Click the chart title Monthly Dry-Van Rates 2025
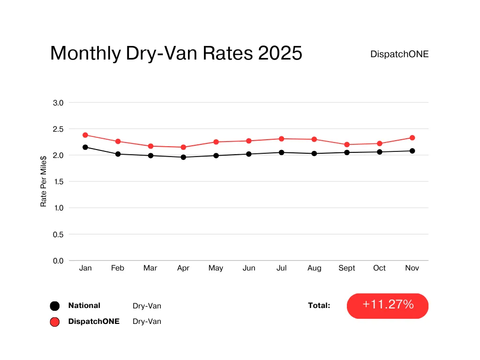coord(176,53)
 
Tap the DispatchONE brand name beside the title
coord(399,54)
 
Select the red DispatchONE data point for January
coord(85,135)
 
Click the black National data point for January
coord(85,147)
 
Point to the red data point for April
coord(183,147)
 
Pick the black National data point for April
coord(183,157)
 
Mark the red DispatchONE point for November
coord(412,138)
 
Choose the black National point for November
coord(412,151)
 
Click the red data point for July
coord(281,139)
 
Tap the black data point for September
coord(347,152)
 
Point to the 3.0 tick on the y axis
coord(59,103)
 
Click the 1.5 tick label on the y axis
coord(59,181)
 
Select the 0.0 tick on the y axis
coord(59,261)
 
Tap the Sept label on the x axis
coord(347,268)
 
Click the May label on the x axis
coord(216,268)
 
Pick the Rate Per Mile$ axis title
coord(44,182)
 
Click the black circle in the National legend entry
coord(54,306)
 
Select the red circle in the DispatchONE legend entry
coord(54,322)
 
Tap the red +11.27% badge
coord(388,306)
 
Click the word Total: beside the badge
coord(319,306)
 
